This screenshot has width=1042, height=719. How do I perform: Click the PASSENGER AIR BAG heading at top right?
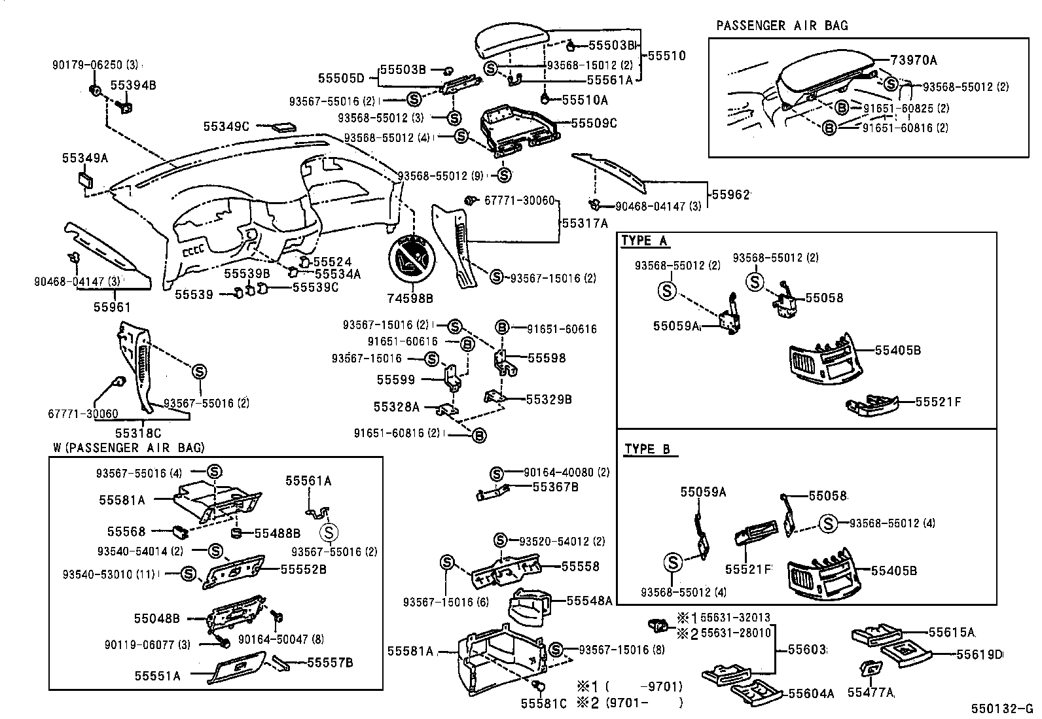781,26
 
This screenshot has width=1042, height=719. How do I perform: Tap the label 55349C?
226,126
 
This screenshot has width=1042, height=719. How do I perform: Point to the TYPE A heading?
644,241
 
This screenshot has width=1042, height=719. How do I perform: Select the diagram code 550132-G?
1001,709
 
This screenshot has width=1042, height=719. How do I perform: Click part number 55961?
112,306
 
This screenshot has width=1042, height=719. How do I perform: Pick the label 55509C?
594,122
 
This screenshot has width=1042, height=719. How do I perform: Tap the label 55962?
730,194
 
